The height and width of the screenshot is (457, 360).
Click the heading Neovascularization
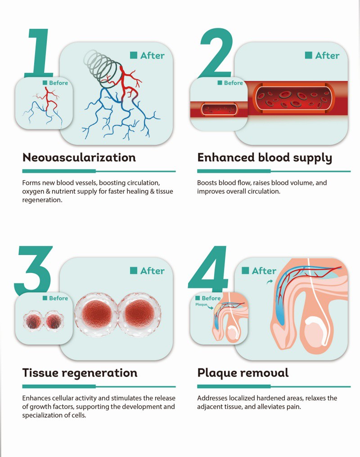coord(79,157)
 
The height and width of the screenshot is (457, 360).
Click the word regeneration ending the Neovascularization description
coord(42,200)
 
